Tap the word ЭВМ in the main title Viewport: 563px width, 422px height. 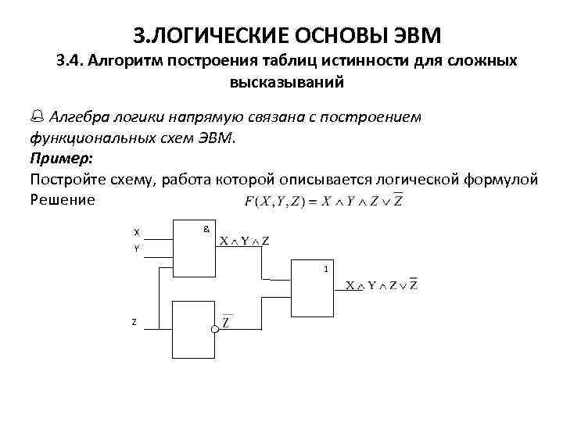[412, 35]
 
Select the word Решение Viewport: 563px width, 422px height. [62, 199]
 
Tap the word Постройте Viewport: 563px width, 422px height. [67, 179]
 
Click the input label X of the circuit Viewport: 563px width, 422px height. [137, 232]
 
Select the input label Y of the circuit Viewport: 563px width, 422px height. [137, 249]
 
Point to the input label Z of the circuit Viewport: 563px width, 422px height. [134, 322]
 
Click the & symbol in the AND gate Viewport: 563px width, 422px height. [206, 230]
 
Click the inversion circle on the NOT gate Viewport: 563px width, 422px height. [214, 329]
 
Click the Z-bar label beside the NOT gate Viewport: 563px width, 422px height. [227, 321]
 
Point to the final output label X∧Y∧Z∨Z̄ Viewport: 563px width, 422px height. [382, 284]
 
